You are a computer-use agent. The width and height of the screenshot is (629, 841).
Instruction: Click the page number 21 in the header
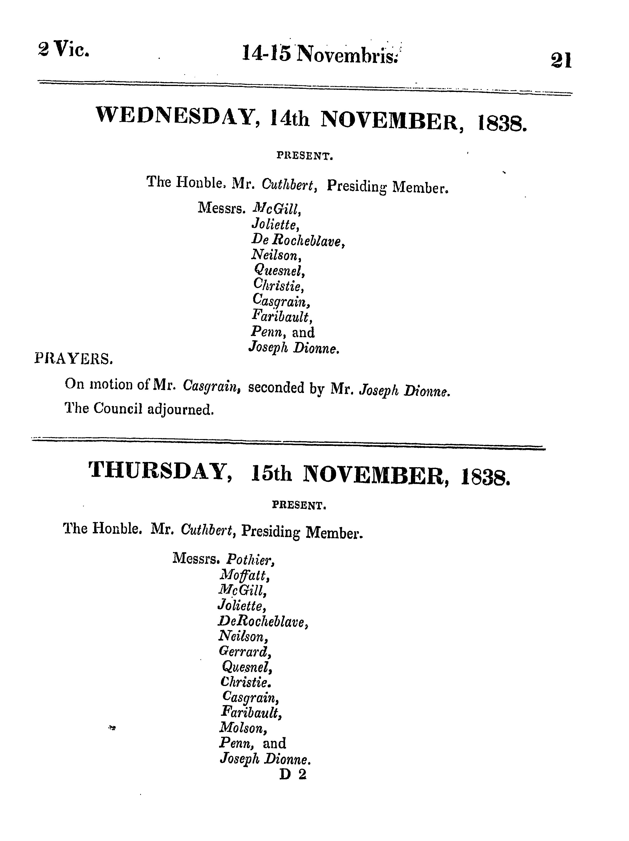pos(561,61)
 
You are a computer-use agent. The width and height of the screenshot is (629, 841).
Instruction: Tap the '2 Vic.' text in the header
pos(64,49)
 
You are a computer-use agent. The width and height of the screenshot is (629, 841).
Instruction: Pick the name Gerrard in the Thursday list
pos(245,652)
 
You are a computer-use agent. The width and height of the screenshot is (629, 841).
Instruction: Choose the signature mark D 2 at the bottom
pos(292,774)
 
